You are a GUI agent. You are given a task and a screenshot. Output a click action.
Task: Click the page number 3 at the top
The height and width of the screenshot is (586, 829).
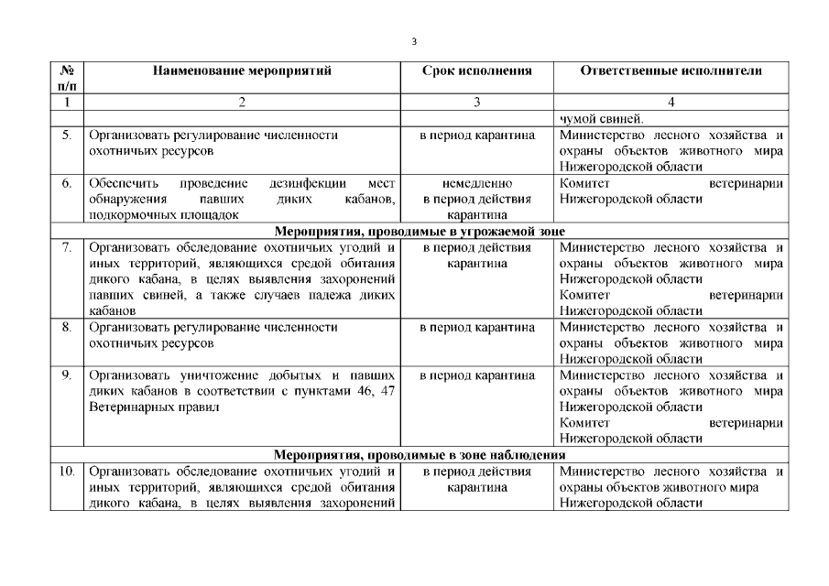(x=414, y=41)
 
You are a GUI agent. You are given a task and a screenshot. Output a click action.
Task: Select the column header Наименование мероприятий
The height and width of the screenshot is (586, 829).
(x=242, y=71)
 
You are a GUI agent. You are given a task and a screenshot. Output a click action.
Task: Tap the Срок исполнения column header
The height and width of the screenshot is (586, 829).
(x=476, y=71)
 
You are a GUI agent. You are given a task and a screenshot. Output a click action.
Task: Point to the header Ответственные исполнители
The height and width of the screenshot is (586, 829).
(x=671, y=71)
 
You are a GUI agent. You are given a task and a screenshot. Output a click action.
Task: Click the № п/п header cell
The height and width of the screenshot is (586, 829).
(x=67, y=78)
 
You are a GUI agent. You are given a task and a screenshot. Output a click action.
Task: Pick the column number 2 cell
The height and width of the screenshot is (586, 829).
(x=242, y=103)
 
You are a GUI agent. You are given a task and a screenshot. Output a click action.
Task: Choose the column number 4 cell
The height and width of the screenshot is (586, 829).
(x=671, y=103)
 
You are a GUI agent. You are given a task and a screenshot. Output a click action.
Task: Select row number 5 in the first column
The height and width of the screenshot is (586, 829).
(x=67, y=135)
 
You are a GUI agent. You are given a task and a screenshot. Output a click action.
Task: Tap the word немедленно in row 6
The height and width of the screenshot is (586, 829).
(x=476, y=183)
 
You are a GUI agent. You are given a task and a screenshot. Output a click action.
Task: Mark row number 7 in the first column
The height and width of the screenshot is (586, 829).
(x=67, y=247)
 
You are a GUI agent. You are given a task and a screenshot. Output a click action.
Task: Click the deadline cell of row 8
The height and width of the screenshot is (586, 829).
(x=476, y=327)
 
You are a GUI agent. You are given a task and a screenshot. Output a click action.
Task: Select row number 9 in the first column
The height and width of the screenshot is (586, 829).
(x=67, y=375)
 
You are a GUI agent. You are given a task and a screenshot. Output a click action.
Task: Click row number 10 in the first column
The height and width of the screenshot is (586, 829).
(x=67, y=472)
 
